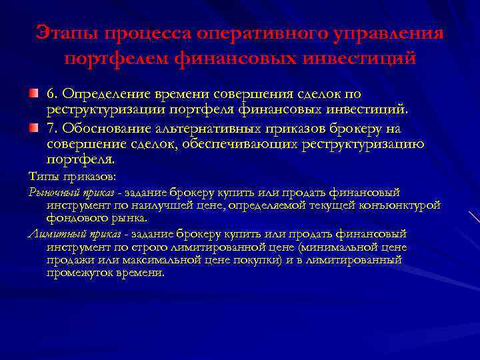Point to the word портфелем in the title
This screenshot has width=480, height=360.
tap(116, 59)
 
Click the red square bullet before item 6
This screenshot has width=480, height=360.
tap(32, 95)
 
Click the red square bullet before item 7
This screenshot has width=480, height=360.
tap(32, 127)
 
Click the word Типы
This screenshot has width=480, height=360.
tap(42, 177)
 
